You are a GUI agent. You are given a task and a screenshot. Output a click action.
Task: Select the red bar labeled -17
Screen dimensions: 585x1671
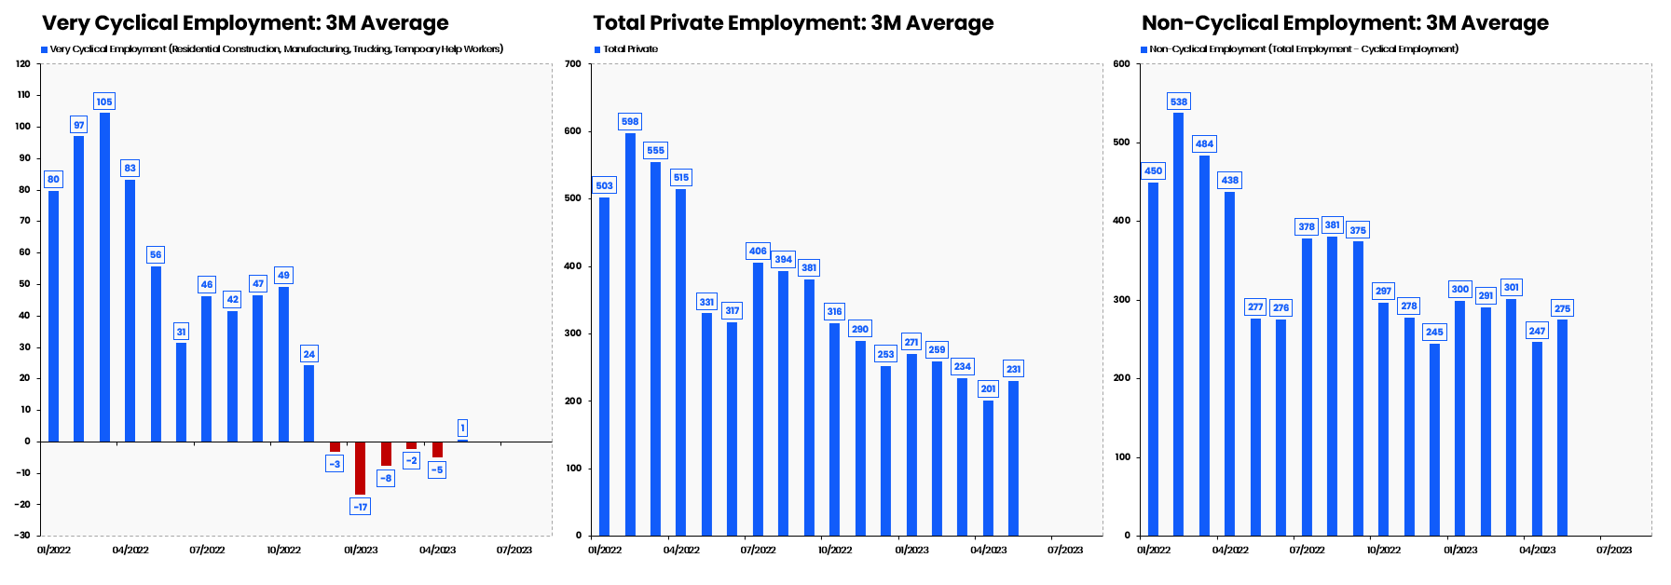pos(360,468)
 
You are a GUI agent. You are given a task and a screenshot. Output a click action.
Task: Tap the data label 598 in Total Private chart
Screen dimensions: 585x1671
pos(630,122)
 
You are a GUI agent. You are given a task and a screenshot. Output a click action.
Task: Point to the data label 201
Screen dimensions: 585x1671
pos(988,389)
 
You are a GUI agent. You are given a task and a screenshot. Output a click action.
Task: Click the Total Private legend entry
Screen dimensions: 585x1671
pos(629,49)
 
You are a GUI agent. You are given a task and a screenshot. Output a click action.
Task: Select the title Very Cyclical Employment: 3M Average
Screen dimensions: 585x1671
pos(245,23)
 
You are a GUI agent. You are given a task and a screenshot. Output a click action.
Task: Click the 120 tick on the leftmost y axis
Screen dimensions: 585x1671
pos(23,64)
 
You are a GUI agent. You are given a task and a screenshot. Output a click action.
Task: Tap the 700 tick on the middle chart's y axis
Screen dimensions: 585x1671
pos(572,64)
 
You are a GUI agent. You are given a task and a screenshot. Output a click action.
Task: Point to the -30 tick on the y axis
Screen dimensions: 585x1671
pos(21,536)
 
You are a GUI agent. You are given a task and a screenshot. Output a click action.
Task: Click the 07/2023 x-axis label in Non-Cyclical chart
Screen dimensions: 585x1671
pos(1613,551)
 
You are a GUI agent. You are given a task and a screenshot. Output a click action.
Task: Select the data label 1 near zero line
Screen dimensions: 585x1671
pos(462,429)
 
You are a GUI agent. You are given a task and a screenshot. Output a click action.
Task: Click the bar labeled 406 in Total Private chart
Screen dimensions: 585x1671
pos(758,399)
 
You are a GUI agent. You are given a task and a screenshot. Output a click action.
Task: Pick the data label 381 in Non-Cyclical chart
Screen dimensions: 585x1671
pos(1332,225)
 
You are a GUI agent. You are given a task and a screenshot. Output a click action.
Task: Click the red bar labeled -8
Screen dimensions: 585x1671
pos(386,454)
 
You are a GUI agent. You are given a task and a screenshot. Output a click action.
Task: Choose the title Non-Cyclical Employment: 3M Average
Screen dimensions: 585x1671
pos(1345,23)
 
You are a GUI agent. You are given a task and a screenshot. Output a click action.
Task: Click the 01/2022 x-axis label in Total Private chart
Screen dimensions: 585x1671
pos(605,551)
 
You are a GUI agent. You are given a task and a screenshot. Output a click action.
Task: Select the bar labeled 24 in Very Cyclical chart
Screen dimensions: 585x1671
pos(308,402)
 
